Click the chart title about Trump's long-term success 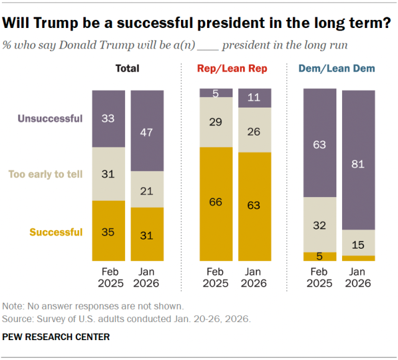tap(197, 24)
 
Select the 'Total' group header tap(127, 68)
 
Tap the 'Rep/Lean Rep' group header tap(232, 68)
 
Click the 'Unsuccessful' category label tap(50, 119)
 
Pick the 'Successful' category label tap(55, 232)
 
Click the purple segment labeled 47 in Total tap(147, 131)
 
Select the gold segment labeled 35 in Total tap(109, 231)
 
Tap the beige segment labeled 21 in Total tap(147, 189)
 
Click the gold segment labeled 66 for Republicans tap(216, 204)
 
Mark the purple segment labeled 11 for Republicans tap(254, 98)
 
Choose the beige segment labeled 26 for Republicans tap(254, 130)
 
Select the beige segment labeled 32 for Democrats tap(320, 224)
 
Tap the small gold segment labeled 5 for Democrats tap(320, 256)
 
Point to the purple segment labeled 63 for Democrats tap(320, 143)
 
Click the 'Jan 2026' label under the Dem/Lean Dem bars tap(358, 277)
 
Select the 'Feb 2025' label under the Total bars tap(109, 277)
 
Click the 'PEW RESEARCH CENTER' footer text tap(56, 336)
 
